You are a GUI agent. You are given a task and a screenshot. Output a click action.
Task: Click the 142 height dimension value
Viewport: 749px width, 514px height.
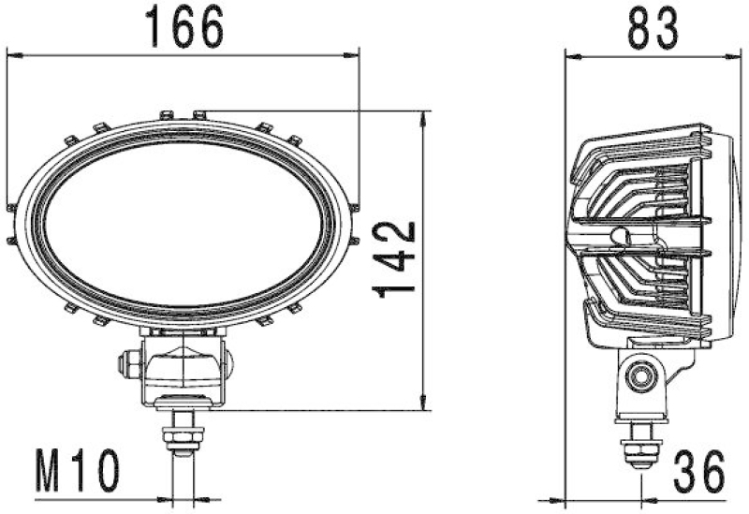click(394, 259)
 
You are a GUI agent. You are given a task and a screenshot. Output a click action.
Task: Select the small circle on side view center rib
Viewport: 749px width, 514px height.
click(618, 235)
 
